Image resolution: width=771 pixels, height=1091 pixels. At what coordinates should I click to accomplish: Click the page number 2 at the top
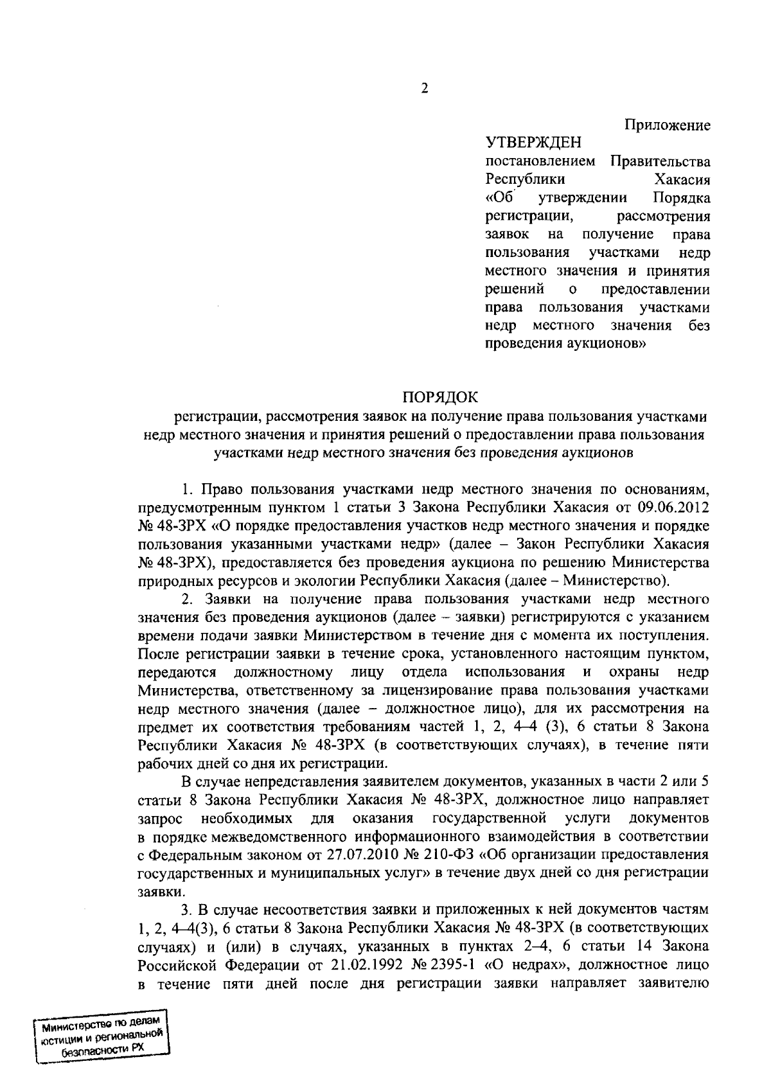[x=424, y=89]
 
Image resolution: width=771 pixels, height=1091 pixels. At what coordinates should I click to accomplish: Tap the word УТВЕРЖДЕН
[x=533, y=142]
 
